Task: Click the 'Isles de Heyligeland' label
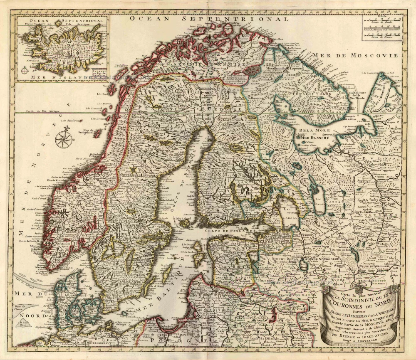point(86,132)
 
